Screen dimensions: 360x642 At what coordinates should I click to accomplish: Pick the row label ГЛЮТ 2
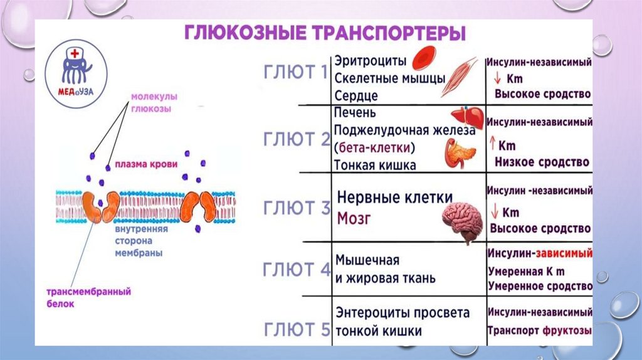(x=295, y=139)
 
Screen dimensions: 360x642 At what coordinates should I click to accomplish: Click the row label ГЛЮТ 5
(x=295, y=327)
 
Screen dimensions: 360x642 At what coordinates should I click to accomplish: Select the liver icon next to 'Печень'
(x=468, y=117)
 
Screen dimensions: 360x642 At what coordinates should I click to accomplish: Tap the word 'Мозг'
(x=356, y=219)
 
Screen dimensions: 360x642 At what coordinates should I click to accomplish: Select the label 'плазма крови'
(x=142, y=166)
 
